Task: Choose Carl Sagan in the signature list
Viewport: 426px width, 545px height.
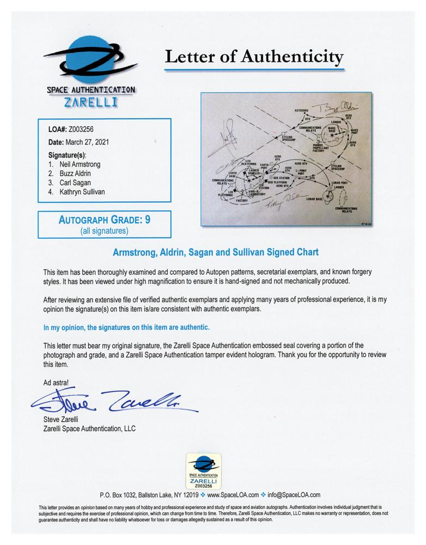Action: pos(75,183)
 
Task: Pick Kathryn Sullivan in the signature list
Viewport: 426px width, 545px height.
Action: pos(82,192)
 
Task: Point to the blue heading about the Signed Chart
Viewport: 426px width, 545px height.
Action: pos(213,253)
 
